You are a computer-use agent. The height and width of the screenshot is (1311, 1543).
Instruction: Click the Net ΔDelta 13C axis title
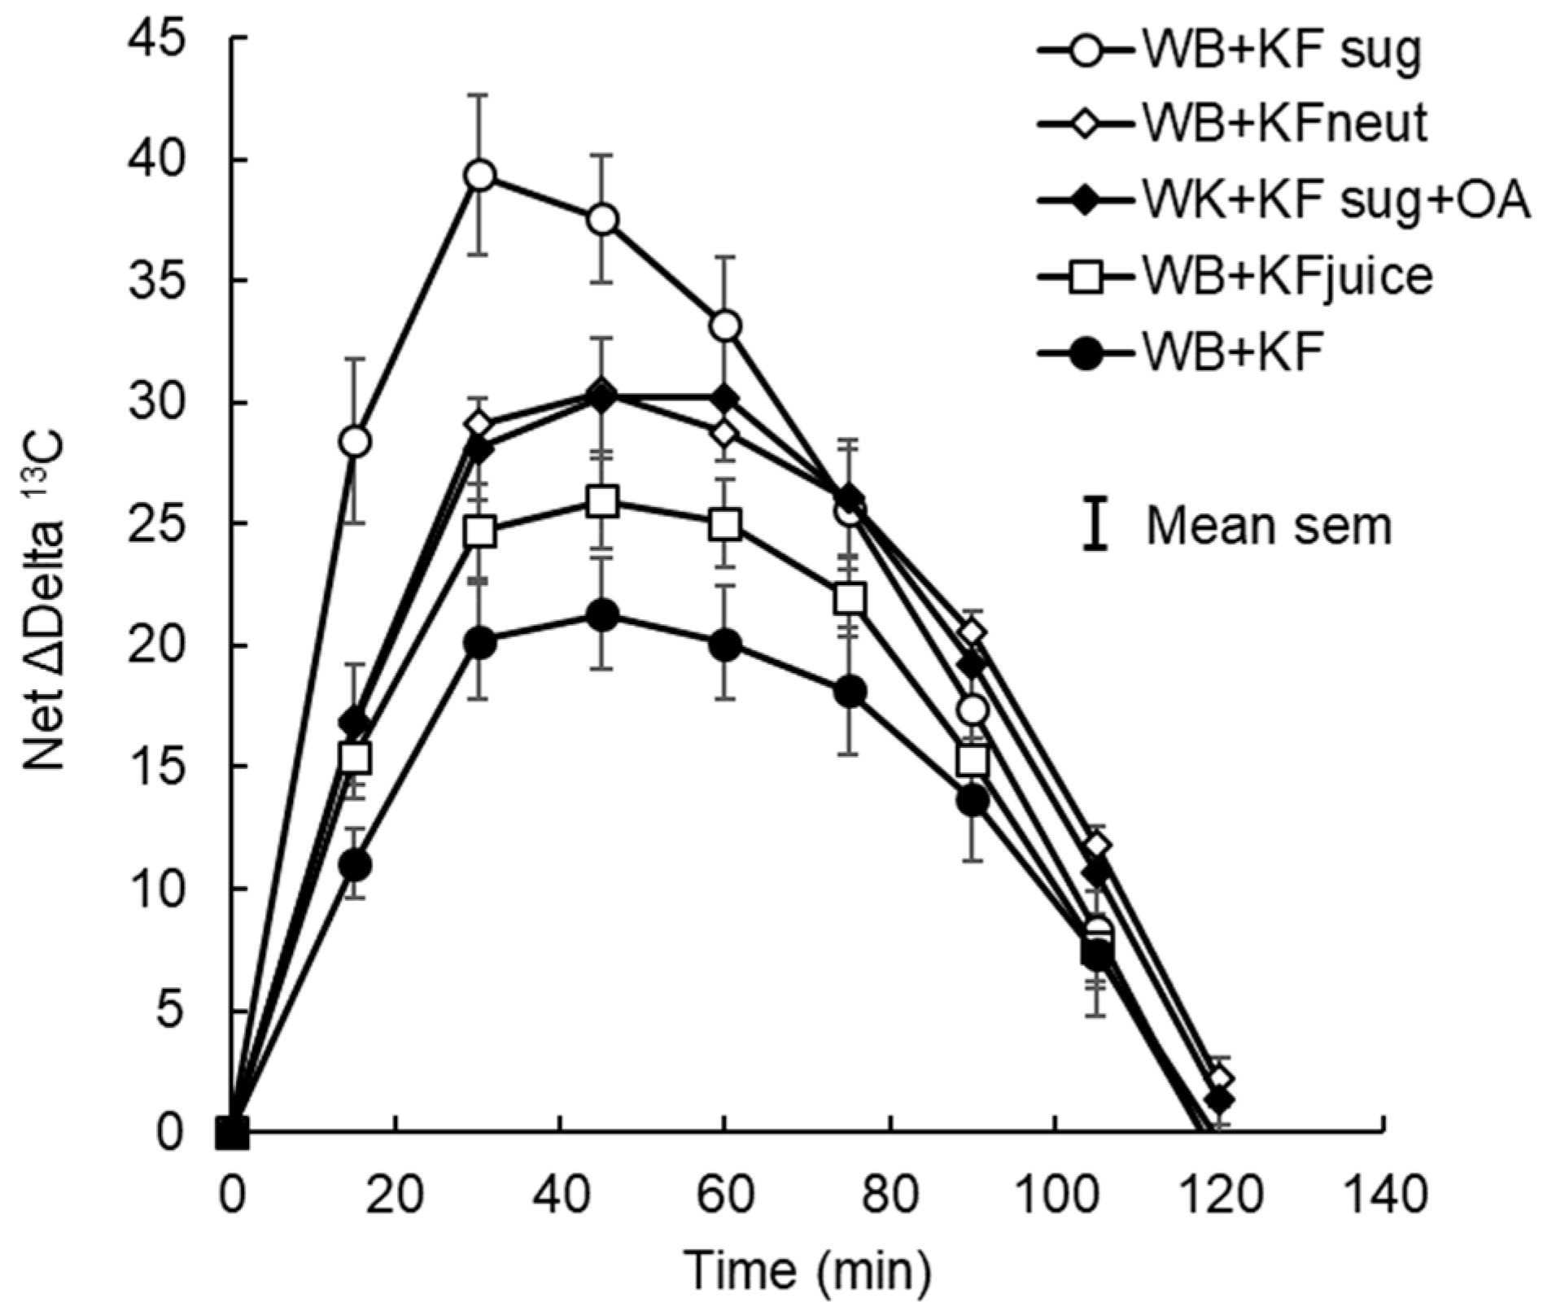click(x=45, y=605)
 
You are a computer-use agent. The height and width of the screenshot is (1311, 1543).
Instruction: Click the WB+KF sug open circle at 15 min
click(x=356, y=442)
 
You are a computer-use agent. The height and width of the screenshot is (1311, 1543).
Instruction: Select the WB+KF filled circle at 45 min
click(x=602, y=615)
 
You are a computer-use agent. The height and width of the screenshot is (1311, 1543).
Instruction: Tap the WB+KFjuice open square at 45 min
click(x=602, y=502)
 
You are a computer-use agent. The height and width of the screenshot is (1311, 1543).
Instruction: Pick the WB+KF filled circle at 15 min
click(x=356, y=864)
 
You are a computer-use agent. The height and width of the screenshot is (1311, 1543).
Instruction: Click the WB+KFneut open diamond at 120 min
click(x=1220, y=1080)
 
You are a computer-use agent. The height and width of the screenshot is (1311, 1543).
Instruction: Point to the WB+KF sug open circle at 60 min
click(x=725, y=326)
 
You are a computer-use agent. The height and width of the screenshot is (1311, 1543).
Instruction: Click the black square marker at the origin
click(x=232, y=1131)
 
